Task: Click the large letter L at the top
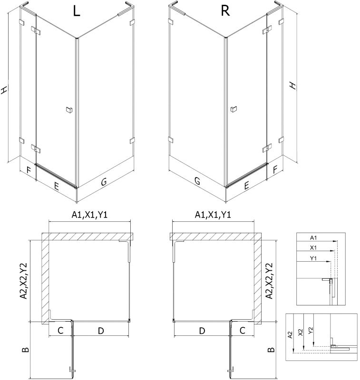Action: pyautogui.click(x=77, y=11)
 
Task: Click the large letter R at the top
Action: pyautogui.click(x=225, y=11)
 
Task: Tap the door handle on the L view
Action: pyautogui.click(x=69, y=110)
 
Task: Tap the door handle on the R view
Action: pyautogui.click(x=234, y=109)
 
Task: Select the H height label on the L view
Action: pyautogui.click(x=4, y=90)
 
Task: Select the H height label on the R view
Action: pyautogui.click(x=293, y=86)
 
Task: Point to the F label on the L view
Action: pyautogui.click(x=29, y=170)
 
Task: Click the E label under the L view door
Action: pyautogui.click(x=56, y=186)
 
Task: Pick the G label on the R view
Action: pyautogui.click(x=197, y=180)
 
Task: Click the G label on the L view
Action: pyautogui.click(x=104, y=181)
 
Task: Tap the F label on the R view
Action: pyautogui.click(x=275, y=170)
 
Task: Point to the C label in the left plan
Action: pyautogui.click(x=60, y=330)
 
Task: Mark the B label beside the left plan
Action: pyautogui.click(x=26, y=350)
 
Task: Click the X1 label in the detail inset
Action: pyautogui.click(x=313, y=247)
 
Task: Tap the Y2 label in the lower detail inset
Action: pyautogui.click(x=311, y=331)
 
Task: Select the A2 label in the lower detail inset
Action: pyautogui.click(x=290, y=335)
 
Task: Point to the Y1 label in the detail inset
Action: pyautogui.click(x=313, y=258)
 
